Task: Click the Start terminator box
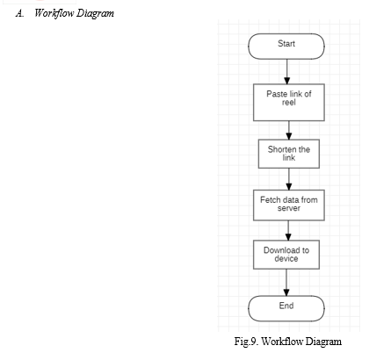click(x=286, y=47)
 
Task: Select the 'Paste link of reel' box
click(x=289, y=103)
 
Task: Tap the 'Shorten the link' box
click(x=289, y=154)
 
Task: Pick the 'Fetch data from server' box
click(x=289, y=205)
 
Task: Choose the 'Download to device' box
click(x=286, y=255)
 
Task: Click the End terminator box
click(x=286, y=308)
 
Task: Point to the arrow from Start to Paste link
click(x=287, y=71)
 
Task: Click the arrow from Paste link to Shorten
click(x=289, y=130)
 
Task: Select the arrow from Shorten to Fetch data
click(x=289, y=179)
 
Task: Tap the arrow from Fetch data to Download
click(x=288, y=230)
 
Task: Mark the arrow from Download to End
click(x=286, y=283)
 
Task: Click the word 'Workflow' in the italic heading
click(x=54, y=13)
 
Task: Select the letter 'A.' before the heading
click(x=19, y=13)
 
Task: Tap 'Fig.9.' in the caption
click(x=246, y=342)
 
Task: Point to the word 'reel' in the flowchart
click(x=289, y=103)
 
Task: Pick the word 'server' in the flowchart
click(x=289, y=208)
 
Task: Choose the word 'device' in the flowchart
click(x=286, y=259)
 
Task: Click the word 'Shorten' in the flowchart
click(x=282, y=149)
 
